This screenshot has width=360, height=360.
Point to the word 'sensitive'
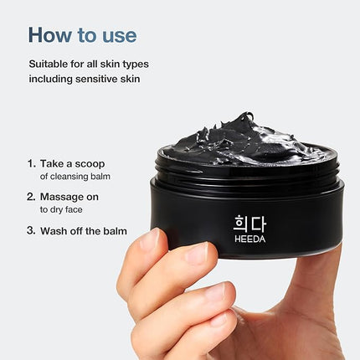point(96,79)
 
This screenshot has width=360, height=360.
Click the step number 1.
point(31,163)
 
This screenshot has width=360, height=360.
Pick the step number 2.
point(31,197)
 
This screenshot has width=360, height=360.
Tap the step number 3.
point(31,231)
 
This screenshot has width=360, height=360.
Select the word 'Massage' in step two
point(61,198)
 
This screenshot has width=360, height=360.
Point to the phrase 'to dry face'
point(61,209)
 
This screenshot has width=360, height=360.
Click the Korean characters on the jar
point(249,224)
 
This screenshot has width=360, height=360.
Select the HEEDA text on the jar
point(250,239)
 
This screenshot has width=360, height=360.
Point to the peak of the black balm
point(246,114)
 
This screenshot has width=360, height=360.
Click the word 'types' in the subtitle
point(136,64)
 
